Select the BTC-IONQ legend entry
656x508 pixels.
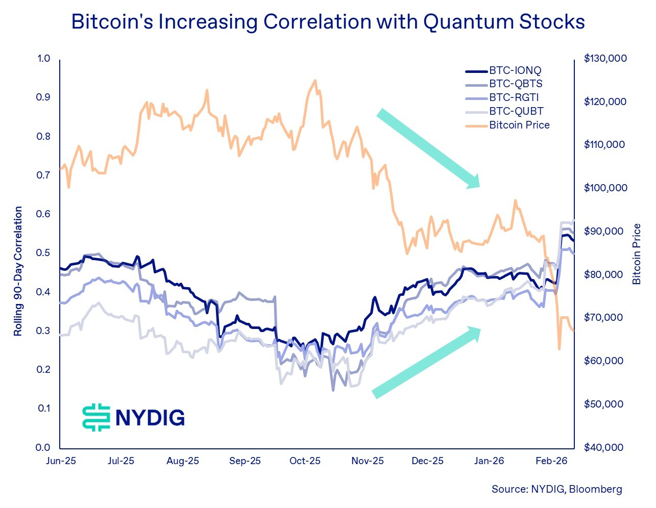pos(515,70)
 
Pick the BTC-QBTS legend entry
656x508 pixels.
pos(516,84)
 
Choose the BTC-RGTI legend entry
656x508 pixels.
pos(514,97)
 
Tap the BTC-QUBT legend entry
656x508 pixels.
pos(516,111)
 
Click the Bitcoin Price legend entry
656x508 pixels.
pos(519,125)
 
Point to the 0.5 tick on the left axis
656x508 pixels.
pos(43,253)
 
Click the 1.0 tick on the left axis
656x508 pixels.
pos(43,59)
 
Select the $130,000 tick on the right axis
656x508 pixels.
pos(605,59)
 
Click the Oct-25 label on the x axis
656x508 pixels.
pos(305,461)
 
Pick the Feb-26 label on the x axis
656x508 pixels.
pos(551,461)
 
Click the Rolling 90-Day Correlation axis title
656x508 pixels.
pos(18,271)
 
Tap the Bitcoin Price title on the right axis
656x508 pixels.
pos(637,254)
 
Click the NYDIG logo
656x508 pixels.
pos(133,417)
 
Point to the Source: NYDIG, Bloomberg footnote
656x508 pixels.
pos(556,489)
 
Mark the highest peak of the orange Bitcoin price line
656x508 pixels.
pos(315,80)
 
